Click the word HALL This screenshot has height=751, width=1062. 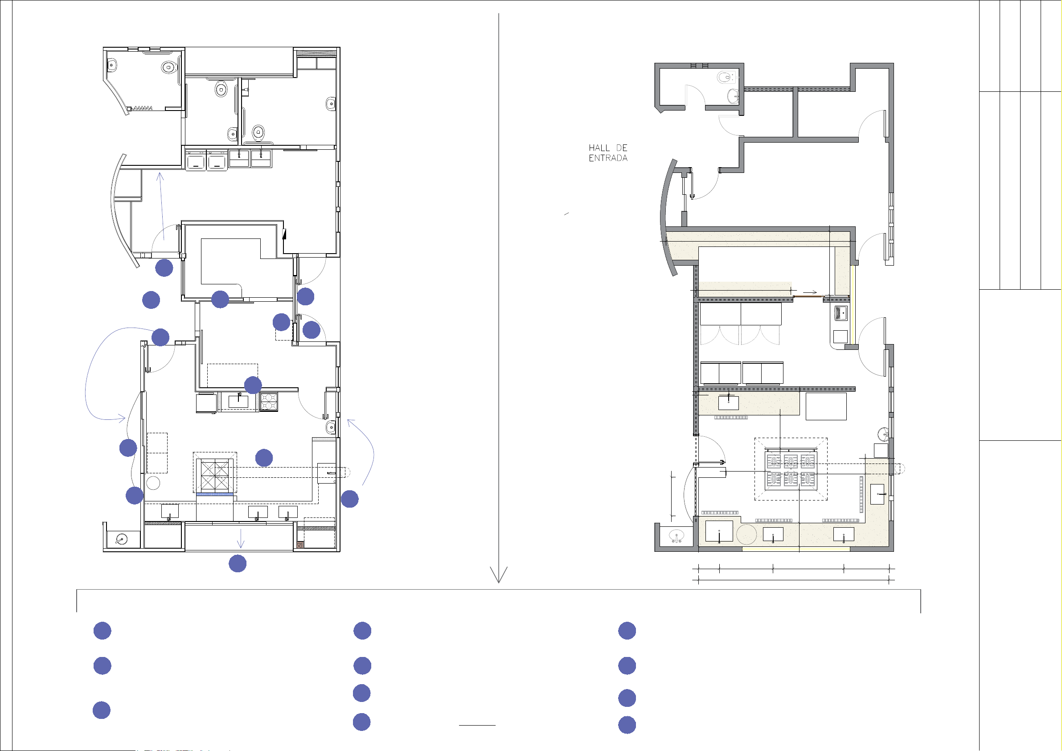click(x=599, y=148)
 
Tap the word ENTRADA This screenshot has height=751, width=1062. click(x=608, y=158)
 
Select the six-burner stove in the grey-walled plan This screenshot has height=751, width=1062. click(x=791, y=470)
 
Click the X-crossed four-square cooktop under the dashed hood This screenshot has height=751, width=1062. click(x=215, y=475)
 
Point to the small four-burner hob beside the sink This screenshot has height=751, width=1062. click(x=268, y=401)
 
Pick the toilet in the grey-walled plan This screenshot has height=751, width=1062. click(x=726, y=77)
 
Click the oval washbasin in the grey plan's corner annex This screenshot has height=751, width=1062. click(x=676, y=536)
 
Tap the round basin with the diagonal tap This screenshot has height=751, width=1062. click(x=121, y=540)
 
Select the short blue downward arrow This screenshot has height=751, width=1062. click(x=240, y=538)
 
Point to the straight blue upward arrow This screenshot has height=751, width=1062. click(x=161, y=206)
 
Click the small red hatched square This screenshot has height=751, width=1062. click(x=300, y=545)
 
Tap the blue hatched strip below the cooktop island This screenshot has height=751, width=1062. click(x=215, y=494)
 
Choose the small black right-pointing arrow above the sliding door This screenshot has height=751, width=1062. click(x=809, y=292)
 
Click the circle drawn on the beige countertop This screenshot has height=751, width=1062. click(x=746, y=535)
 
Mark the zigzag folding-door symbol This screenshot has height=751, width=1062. click(x=143, y=108)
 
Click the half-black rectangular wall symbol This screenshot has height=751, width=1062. click(x=284, y=234)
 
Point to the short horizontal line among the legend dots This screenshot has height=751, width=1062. click(x=477, y=725)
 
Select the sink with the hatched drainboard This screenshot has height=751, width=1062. click(x=841, y=313)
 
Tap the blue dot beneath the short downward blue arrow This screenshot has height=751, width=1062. click(x=237, y=564)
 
